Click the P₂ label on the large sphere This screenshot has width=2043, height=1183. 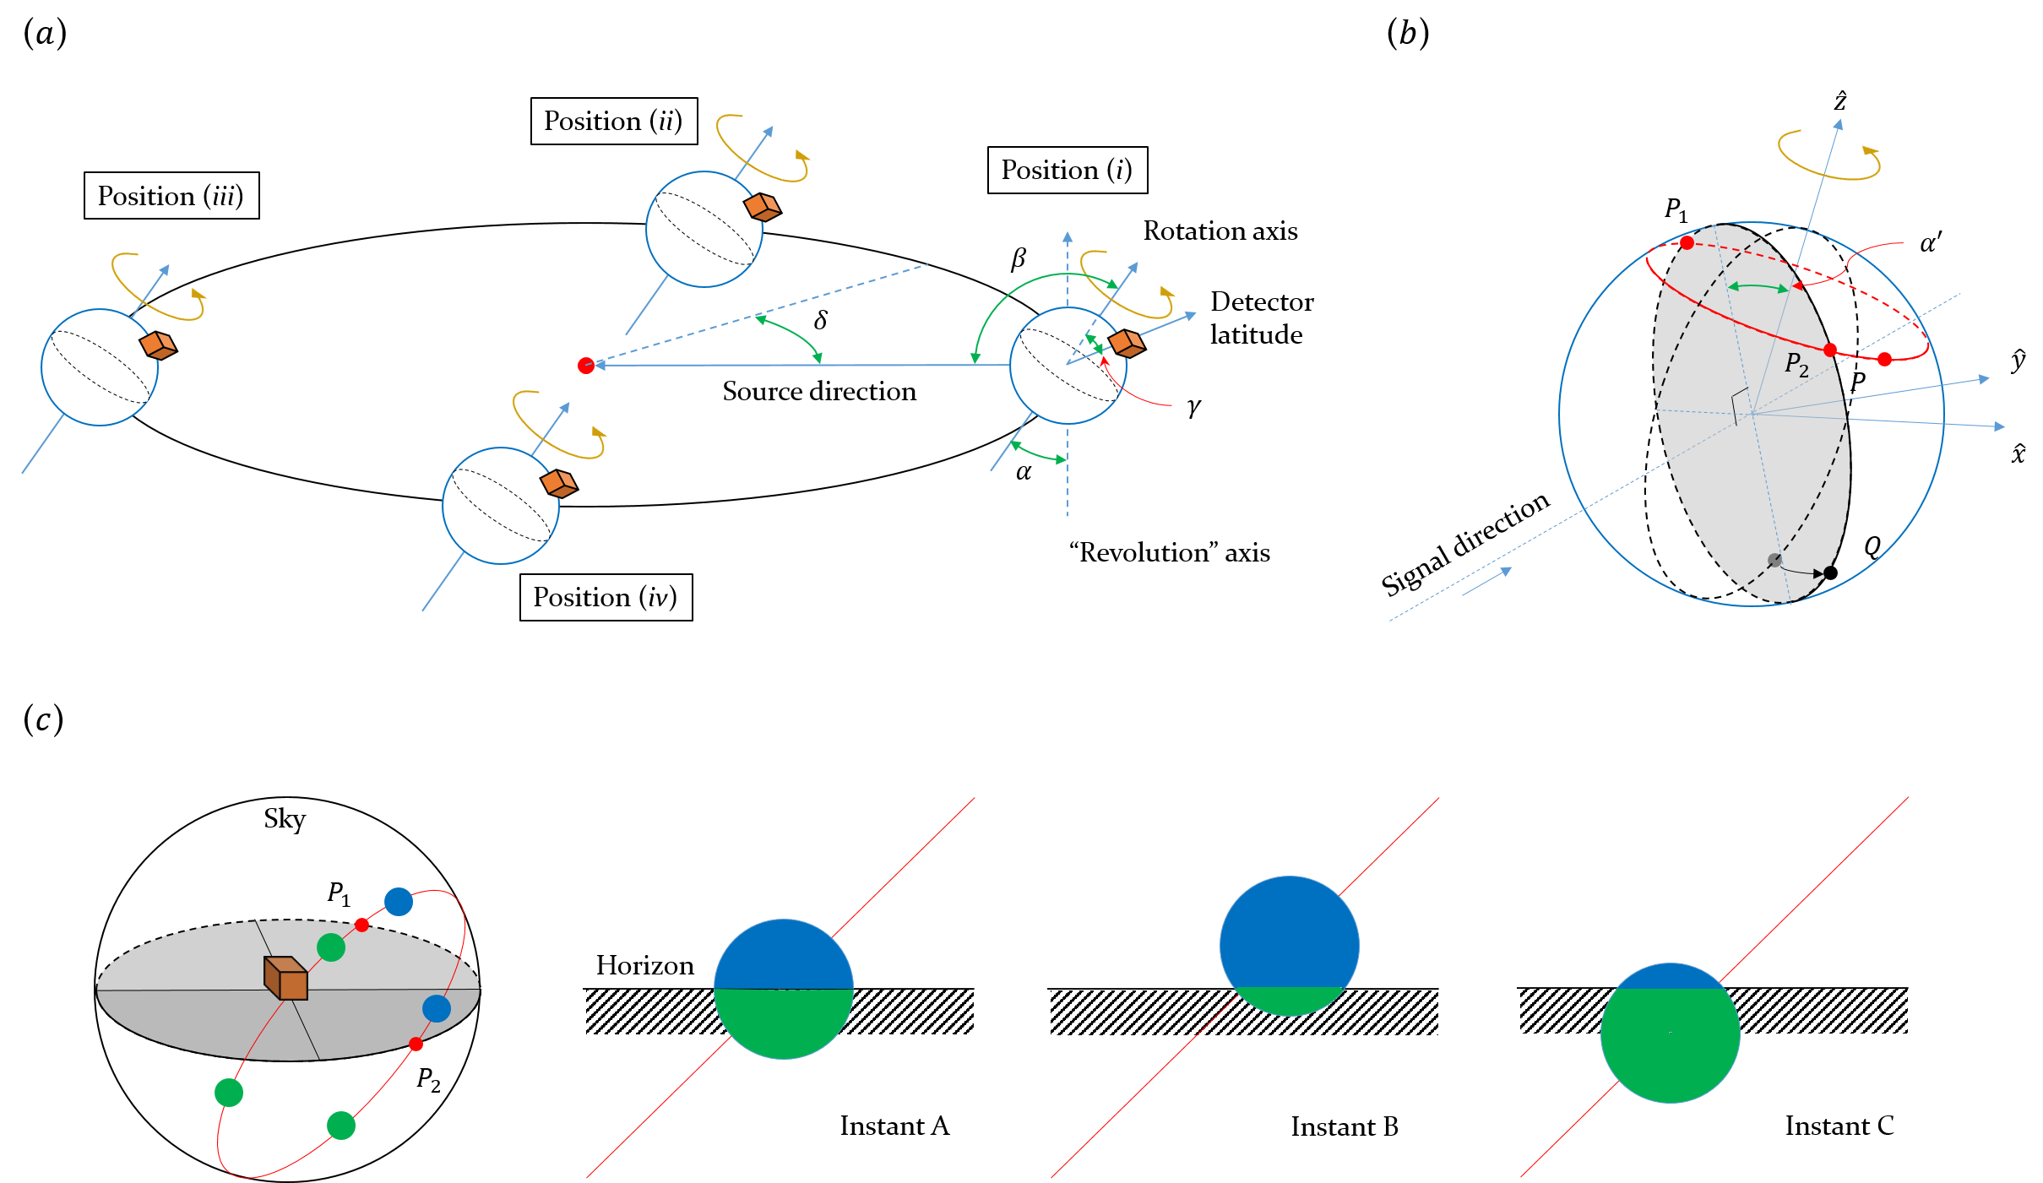[1796, 364]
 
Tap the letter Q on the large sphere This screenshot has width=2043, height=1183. [1872, 547]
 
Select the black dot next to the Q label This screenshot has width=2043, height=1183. [1830, 573]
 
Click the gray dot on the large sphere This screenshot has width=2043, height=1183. [1774, 560]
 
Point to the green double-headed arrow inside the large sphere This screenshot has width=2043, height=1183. [1758, 287]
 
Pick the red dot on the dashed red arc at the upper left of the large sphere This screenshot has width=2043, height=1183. [1687, 243]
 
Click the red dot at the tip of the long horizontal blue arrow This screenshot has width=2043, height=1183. [585, 366]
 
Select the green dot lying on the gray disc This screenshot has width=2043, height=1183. [331, 947]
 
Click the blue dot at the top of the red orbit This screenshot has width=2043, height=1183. [399, 902]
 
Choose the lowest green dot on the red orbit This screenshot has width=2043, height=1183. [341, 1125]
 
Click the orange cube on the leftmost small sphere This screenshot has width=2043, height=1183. [157, 345]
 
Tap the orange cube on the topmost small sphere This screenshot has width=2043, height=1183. [761, 207]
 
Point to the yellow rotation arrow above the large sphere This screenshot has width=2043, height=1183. [1828, 155]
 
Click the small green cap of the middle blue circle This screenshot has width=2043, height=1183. [1289, 1000]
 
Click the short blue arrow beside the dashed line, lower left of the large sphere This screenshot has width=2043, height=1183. [1487, 581]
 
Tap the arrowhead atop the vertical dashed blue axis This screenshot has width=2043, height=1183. [1068, 237]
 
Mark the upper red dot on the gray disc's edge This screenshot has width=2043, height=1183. [361, 925]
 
